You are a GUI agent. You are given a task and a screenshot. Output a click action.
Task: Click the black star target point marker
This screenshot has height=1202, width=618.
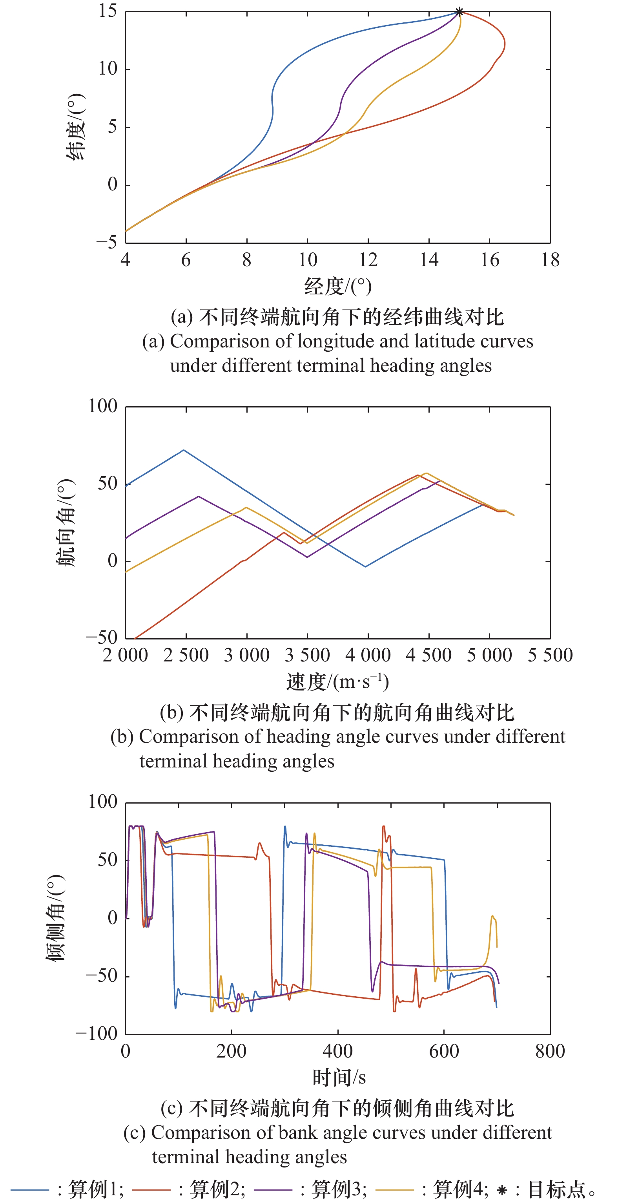459,12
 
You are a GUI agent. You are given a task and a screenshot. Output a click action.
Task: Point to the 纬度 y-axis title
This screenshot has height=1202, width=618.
76,127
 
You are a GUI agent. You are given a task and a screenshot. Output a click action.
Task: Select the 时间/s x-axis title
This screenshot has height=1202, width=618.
339,1078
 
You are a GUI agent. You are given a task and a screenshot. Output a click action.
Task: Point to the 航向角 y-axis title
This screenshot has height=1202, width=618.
65,522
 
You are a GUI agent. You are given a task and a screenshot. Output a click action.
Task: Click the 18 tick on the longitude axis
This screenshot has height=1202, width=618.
550,260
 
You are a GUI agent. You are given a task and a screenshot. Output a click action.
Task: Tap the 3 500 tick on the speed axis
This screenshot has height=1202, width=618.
307,655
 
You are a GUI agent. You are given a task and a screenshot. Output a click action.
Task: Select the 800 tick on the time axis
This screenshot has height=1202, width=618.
550,1051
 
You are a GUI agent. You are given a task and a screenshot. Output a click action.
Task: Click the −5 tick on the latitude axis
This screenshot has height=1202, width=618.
107,242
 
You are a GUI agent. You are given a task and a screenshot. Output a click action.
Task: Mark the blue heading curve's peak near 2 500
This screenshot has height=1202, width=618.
183,450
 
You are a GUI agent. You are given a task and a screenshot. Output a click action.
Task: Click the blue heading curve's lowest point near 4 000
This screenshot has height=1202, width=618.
365,566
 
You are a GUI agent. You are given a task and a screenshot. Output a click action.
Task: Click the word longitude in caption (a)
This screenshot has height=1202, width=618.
335,342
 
